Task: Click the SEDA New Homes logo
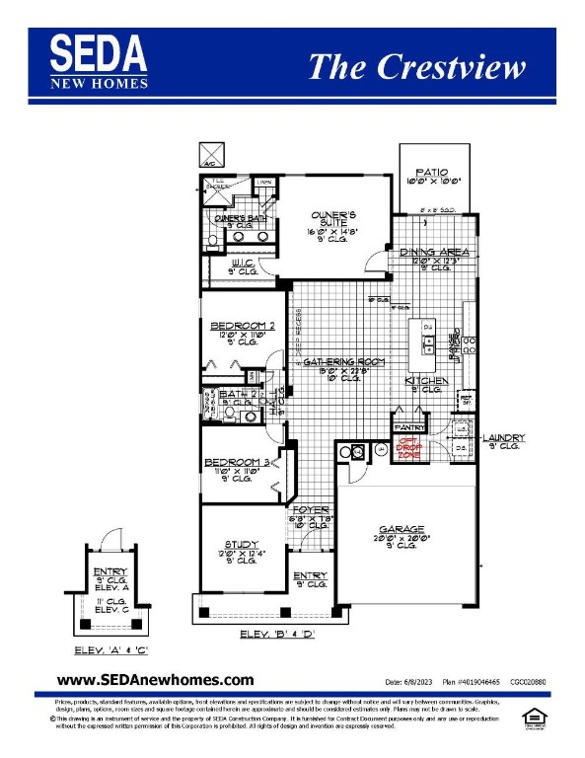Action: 99,61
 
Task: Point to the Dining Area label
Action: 434,253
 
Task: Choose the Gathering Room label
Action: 342,362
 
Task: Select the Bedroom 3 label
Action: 236,462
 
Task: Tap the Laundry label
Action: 503,437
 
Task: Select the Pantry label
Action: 406,426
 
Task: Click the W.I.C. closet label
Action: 243,264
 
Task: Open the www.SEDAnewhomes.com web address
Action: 155,680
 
